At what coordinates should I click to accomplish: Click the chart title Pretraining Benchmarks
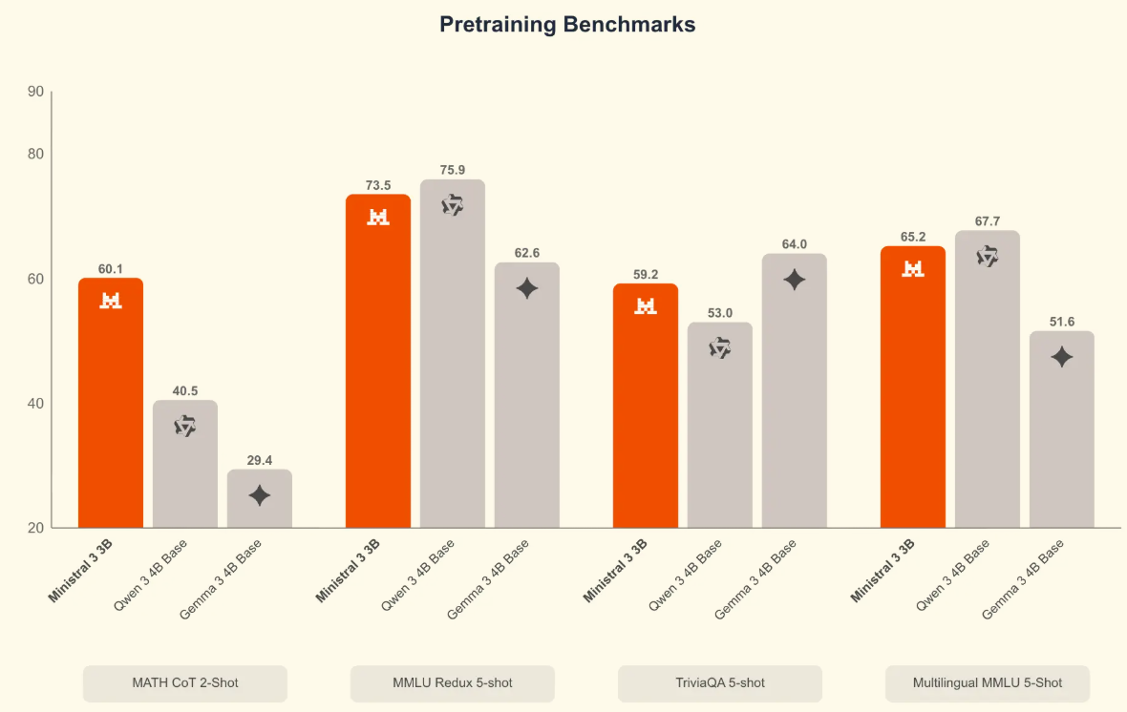pos(567,25)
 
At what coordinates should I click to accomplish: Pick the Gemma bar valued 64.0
pos(795,391)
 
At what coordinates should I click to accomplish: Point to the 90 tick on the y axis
pos(36,92)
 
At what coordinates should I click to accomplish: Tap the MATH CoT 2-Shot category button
pos(185,683)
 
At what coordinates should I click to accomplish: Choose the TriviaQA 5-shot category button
pos(720,683)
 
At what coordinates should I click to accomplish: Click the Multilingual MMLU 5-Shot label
pos(988,683)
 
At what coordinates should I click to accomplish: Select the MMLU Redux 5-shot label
pos(453,683)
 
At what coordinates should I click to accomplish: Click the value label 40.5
pos(185,390)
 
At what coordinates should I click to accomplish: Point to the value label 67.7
pos(988,221)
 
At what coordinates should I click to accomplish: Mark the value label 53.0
pos(720,313)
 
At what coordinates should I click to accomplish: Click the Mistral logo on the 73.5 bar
pos(378,217)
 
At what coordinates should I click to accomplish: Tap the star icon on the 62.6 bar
pos(527,288)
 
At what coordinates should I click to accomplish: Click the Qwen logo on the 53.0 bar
pos(720,348)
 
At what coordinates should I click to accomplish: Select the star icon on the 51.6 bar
pos(1062,357)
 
